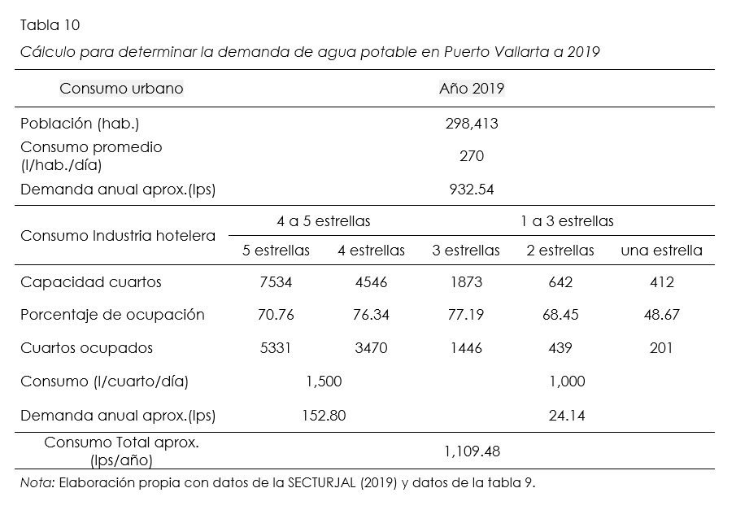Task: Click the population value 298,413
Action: pos(472,124)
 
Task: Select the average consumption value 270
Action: pos(472,156)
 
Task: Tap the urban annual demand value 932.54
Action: pos(472,190)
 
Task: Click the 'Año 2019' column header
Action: pos(472,88)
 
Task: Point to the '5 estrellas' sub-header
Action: pos(277,251)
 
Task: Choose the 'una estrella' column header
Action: pos(661,251)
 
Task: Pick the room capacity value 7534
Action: pos(275,282)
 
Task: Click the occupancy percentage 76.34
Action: pos(371,315)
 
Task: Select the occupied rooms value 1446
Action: pos(465,348)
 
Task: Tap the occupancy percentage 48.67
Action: pos(661,315)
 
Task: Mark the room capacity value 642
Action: pos(560,282)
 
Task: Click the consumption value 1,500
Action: pos(324,381)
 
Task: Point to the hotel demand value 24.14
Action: pos(567,416)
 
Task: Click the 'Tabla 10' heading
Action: pos(50,25)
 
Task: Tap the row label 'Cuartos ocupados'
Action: pos(86,348)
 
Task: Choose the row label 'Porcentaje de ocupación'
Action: pos(112,315)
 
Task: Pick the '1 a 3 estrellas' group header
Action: pos(567,221)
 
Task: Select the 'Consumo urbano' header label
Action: pos(121,88)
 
